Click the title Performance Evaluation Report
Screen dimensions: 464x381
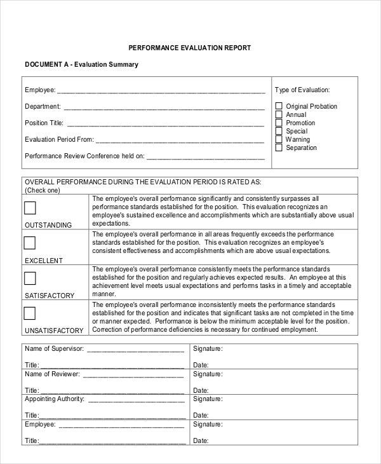(x=190, y=48)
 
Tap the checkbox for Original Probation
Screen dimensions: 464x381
(x=278, y=106)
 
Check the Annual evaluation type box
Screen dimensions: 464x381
(x=278, y=114)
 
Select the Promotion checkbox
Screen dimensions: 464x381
(x=278, y=123)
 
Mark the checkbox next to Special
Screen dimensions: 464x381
(x=278, y=131)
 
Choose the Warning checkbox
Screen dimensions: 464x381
(x=278, y=139)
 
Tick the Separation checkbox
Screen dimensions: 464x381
(x=278, y=147)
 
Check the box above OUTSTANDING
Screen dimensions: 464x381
(x=30, y=208)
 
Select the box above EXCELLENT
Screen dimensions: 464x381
(x=30, y=243)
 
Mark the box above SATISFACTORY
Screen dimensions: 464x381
(x=30, y=278)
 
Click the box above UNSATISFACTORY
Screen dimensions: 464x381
(x=30, y=313)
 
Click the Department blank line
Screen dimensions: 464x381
(x=163, y=107)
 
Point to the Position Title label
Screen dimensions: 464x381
(x=44, y=123)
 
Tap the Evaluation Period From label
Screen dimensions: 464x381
(x=59, y=139)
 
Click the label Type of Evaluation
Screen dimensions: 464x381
(x=302, y=90)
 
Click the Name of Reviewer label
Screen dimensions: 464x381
(x=52, y=374)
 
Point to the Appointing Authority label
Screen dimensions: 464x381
(x=54, y=399)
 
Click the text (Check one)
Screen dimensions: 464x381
(x=42, y=190)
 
